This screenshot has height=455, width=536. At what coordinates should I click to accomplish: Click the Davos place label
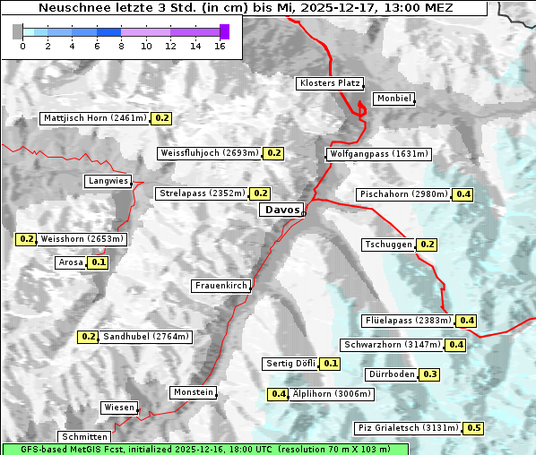tap(281, 210)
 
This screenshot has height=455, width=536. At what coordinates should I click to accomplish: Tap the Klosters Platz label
tap(329, 83)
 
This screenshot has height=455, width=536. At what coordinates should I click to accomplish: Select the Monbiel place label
tap(393, 99)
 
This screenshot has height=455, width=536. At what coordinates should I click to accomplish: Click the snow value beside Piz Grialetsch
tap(473, 428)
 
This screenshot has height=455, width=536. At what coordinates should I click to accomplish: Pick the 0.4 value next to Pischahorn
tap(463, 194)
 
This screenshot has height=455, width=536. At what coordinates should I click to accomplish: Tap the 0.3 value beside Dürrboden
tap(430, 374)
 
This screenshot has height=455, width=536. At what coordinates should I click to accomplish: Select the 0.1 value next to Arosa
tap(99, 263)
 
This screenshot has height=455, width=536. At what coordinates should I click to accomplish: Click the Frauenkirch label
tap(220, 286)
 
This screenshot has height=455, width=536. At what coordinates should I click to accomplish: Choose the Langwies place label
tap(108, 181)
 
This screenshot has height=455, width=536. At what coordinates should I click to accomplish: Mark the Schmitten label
tap(86, 437)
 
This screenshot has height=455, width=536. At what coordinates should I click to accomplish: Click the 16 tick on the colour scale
tap(220, 46)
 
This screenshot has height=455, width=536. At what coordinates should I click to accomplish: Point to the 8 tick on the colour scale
tap(121, 46)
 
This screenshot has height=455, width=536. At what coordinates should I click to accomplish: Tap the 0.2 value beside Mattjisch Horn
tap(162, 118)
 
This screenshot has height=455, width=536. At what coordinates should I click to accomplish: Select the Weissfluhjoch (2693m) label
tap(209, 153)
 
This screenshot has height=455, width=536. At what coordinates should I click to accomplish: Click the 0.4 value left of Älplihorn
tap(279, 394)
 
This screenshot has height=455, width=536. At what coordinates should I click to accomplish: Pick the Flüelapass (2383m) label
tap(407, 321)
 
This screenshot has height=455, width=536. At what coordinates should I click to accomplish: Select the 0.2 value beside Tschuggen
tap(428, 245)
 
